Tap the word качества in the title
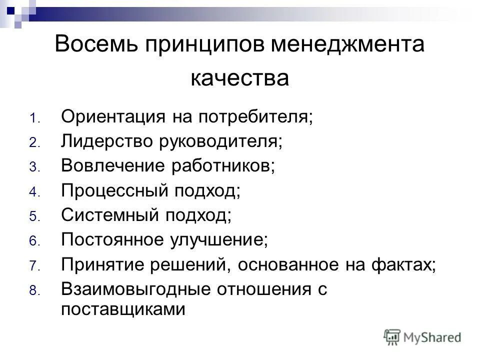point(239,78)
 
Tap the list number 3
point(33,168)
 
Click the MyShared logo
point(422,336)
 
